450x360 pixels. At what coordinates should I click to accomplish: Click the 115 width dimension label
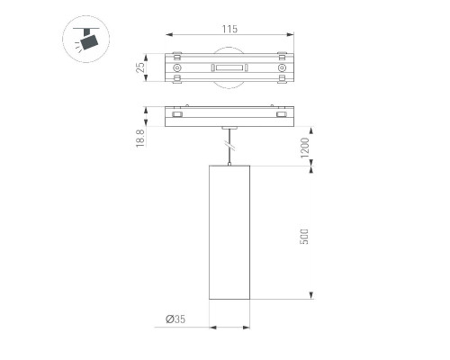tap(229, 29)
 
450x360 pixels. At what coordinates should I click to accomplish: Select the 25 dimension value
tap(140, 67)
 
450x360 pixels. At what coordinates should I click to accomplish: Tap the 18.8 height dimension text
tap(140, 138)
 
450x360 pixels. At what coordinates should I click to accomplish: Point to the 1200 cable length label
tap(304, 148)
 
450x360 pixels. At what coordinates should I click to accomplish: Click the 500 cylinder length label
tap(304, 237)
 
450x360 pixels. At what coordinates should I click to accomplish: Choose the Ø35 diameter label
tap(175, 319)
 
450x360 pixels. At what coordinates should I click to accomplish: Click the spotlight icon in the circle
tap(85, 40)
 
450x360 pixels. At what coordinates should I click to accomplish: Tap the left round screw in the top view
tap(177, 68)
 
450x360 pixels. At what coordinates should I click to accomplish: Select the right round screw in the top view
tap(282, 68)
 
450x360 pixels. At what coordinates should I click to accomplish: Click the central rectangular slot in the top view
tap(229, 67)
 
